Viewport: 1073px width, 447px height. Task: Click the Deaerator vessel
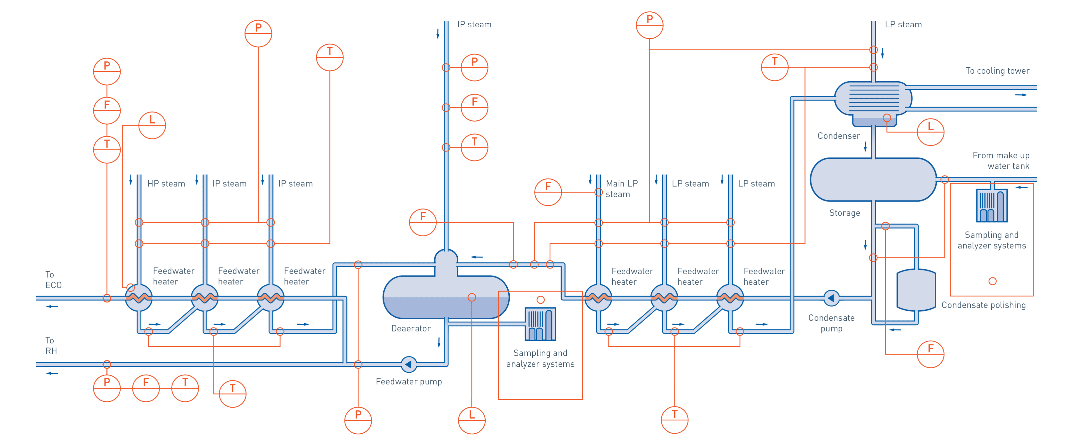point(446,297)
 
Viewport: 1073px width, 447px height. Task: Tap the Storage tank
point(873,179)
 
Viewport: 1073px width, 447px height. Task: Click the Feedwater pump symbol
point(409,365)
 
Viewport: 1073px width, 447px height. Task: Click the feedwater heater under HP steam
point(139,298)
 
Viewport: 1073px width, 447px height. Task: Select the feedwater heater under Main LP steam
point(598,298)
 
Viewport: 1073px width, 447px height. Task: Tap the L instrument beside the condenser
point(930,132)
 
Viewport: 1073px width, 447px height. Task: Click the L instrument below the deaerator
point(472,420)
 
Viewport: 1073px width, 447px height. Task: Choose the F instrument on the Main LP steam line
point(548,192)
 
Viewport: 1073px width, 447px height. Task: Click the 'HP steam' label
point(166,184)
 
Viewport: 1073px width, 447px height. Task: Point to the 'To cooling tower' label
point(997,71)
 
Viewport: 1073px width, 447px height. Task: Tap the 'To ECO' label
point(53,280)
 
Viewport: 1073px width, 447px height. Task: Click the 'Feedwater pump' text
point(409,382)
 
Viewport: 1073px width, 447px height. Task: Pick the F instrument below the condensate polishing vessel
point(930,354)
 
